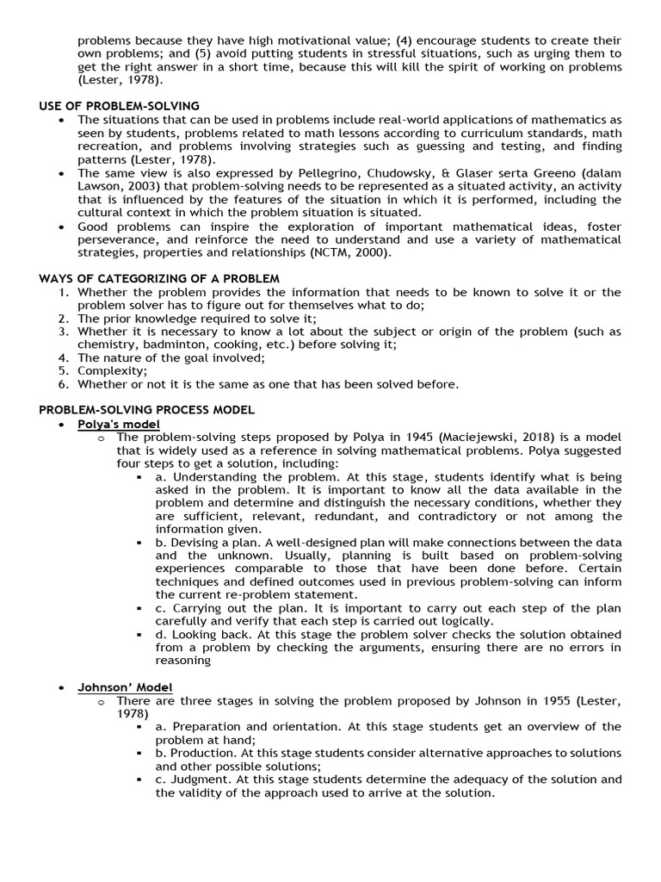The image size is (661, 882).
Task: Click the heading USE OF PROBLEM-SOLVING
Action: pyautogui.click(x=119, y=105)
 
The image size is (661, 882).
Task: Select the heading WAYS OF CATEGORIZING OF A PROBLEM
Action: pyautogui.click(x=159, y=278)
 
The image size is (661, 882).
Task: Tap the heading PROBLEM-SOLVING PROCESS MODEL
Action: pyautogui.click(x=146, y=410)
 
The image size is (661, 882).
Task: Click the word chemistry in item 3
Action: pyautogui.click(x=106, y=345)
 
